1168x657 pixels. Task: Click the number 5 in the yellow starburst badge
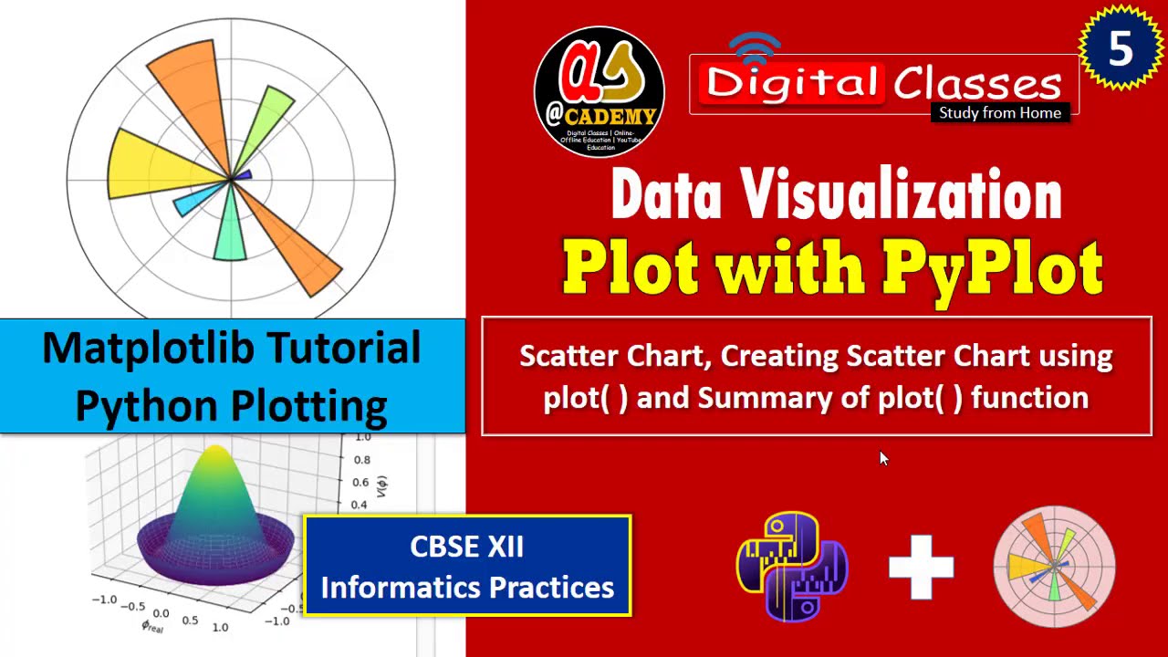click(1121, 49)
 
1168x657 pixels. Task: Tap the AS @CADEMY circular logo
click(600, 92)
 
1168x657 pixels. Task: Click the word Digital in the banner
click(790, 83)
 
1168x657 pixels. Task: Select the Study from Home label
click(1000, 113)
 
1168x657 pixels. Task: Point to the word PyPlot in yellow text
click(992, 267)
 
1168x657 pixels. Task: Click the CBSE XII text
click(466, 547)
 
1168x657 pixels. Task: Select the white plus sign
click(922, 568)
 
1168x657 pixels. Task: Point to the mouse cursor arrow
click(882, 456)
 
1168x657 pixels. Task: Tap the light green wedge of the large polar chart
click(269, 120)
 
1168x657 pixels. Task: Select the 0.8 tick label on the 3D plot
click(362, 460)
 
